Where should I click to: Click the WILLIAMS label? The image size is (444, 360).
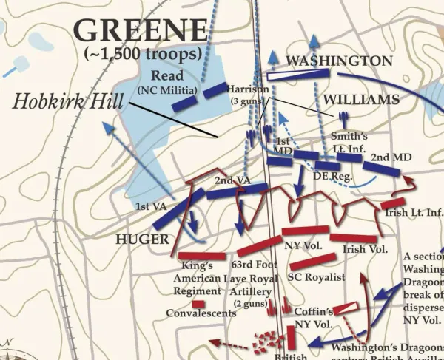360,99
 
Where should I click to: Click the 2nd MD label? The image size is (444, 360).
391,157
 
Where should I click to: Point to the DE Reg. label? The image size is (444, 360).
329,177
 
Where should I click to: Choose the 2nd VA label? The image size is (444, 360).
227,181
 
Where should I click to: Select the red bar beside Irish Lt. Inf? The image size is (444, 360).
393,203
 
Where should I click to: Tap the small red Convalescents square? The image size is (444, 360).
198,303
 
